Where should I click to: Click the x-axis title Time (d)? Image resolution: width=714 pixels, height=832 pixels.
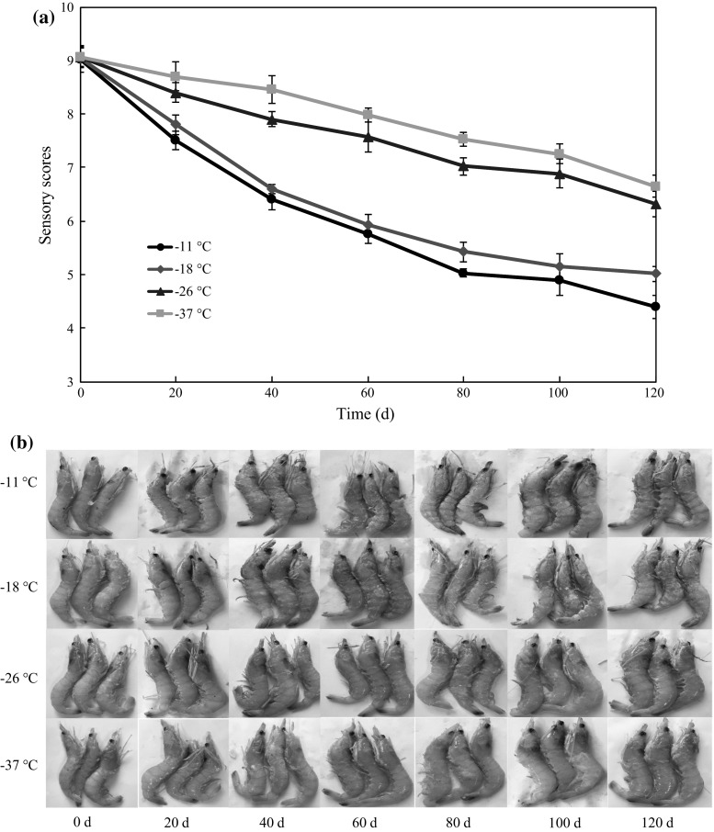pos(367,414)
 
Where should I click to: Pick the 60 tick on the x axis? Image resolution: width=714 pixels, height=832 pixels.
pos(368,394)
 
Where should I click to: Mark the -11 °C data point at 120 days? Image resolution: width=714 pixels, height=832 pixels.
pos(655,307)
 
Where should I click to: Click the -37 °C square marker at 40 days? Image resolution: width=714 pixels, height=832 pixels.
pos(271,89)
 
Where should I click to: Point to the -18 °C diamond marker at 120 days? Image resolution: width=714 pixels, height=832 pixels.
pos(655,273)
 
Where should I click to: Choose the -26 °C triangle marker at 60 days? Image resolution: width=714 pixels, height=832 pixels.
pos(368,137)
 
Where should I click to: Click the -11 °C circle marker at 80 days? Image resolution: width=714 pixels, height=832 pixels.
pos(463,273)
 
